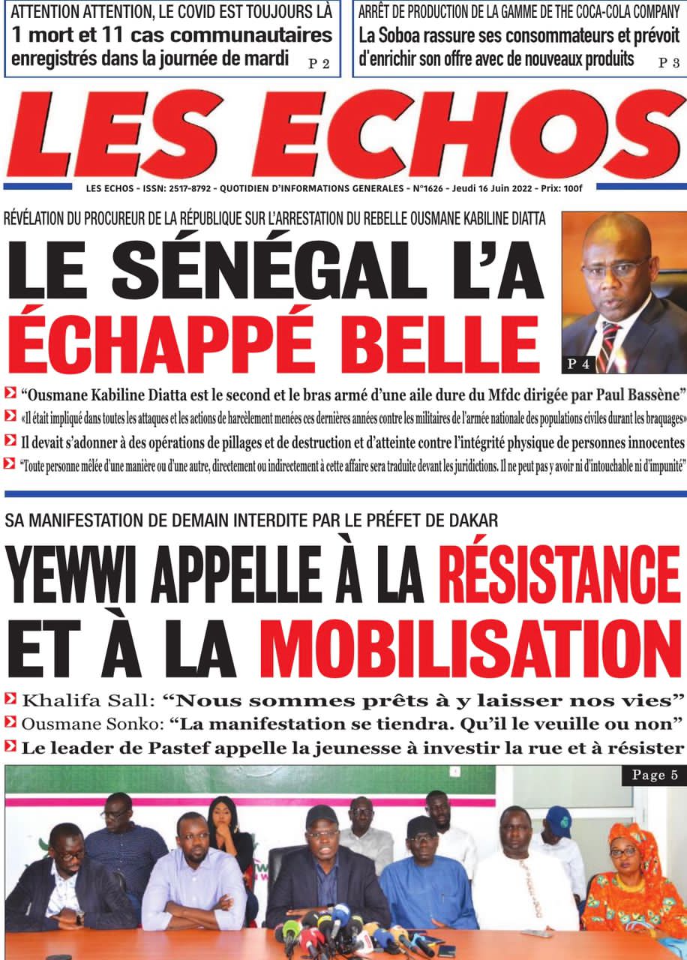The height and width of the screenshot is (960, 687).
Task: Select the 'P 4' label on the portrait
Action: point(579,364)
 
